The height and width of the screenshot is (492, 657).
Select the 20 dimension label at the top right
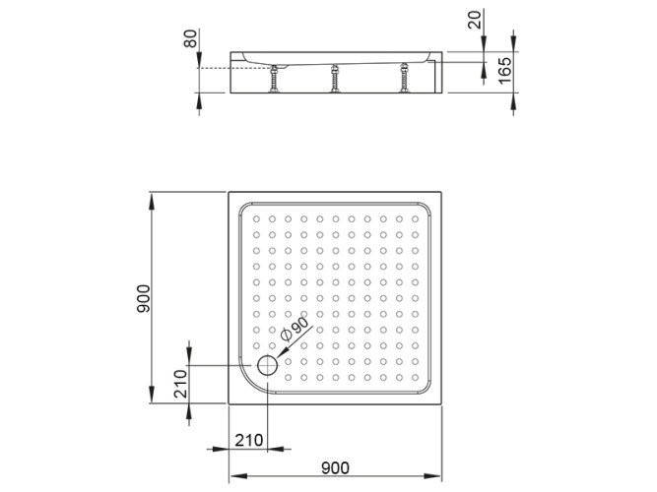click(x=478, y=19)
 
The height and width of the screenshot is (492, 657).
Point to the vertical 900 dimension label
click(x=143, y=298)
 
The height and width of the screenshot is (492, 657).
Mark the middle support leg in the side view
click(x=336, y=78)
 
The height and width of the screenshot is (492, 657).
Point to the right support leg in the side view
click(x=403, y=78)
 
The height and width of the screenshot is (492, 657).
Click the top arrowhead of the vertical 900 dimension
click(x=152, y=197)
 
